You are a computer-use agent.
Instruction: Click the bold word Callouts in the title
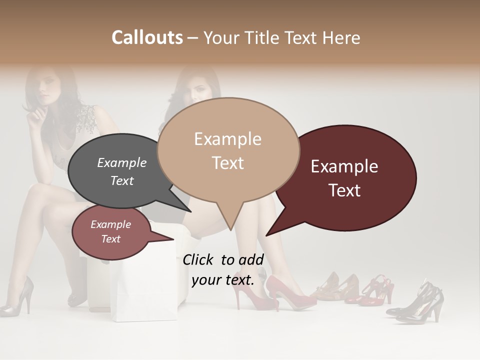(x=147, y=37)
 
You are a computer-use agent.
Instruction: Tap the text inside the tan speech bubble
(x=227, y=150)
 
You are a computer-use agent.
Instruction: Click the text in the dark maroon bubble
(x=344, y=178)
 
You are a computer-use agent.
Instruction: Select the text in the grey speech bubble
(x=121, y=171)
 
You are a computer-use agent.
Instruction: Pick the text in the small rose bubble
(x=110, y=231)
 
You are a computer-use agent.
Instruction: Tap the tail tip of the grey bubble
(x=190, y=211)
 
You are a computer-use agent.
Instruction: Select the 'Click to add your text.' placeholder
(x=223, y=269)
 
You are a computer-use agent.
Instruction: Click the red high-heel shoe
(x=287, y=292)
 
